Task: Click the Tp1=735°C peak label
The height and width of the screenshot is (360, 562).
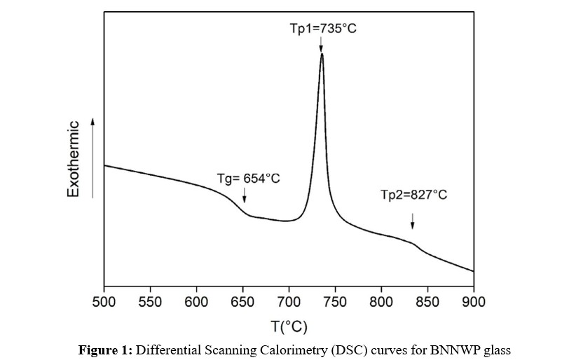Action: [x=323, y=29]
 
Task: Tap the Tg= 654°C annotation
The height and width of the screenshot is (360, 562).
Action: [x=247, y=179]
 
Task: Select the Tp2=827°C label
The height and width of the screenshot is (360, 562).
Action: [x=413, y=195]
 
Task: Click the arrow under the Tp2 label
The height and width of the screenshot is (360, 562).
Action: [x=413, y=221]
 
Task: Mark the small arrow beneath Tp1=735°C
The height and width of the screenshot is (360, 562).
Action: [x=321, y=45]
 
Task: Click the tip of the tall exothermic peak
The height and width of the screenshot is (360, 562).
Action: [x=322, y=54]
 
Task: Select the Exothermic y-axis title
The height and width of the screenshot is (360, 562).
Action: [x=73, y=159]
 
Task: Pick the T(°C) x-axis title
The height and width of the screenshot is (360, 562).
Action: [x=288, y=326]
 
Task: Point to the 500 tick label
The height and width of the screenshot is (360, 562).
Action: [x=104, y=302]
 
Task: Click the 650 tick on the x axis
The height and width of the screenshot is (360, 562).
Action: [x=242, y=302]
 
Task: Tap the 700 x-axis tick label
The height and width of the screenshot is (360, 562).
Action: [x=289, y=302]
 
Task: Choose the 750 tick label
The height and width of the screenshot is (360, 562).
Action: [x=335, y=302]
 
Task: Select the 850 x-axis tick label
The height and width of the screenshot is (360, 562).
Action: [x=427, y=302]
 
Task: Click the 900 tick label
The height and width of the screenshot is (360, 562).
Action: [x=474, y=302]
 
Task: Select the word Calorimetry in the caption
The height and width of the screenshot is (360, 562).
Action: [x=301, y=348]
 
